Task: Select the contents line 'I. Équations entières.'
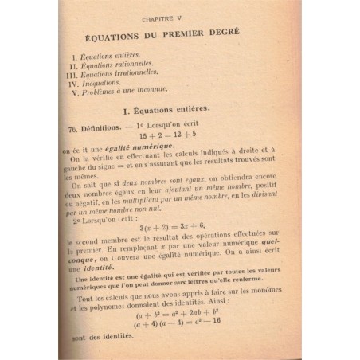click(112, 57)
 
